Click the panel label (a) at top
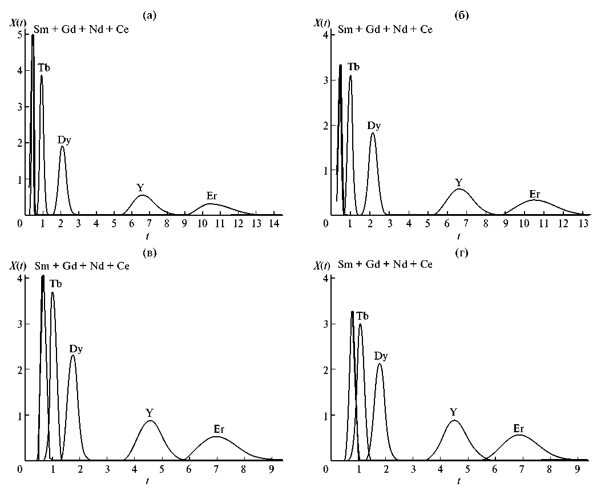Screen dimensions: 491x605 [x=150, y=15]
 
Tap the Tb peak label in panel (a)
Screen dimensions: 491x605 [x=45, y=68]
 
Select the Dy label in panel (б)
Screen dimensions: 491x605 [x=374, y=125]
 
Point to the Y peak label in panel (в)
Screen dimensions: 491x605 [x=150, y=412]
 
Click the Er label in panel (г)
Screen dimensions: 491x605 [x=518, y=428]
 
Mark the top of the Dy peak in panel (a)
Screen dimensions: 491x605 [x=62, y=146]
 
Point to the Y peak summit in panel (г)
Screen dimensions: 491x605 [x=454, y=420]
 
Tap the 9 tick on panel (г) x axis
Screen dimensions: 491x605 [x=576, y=468]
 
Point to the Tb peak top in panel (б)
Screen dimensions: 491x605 [x=350, y=75]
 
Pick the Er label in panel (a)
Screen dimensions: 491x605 [x=211, y=196]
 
